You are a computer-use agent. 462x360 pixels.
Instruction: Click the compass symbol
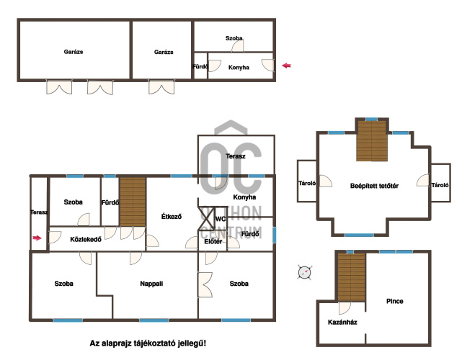pos(304,272)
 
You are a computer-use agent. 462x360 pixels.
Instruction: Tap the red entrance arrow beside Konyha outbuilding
pos(286,66)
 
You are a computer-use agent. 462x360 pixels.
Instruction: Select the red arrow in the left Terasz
pos(37,238)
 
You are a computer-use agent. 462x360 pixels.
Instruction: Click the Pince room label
pos(394,301)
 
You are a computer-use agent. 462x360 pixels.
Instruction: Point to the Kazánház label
pos(342,322)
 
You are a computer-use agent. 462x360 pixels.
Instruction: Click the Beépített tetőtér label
pos(374,186)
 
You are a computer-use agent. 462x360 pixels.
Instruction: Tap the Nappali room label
pos(151,284)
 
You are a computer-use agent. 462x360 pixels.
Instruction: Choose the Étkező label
pos(172,216)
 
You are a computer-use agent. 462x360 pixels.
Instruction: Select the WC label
pos(221,219)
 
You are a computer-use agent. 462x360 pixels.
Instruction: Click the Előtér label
pos(213,241)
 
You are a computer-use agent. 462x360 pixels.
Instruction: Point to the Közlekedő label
pos(86,239)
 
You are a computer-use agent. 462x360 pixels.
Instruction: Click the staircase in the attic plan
pos(372,141)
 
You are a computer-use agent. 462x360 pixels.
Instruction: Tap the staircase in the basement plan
pos(352,277)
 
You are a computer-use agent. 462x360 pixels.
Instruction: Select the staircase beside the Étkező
pos(133,202)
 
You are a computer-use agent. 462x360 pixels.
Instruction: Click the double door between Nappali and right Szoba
pos(205,285)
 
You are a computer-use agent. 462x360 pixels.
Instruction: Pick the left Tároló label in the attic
pos(307,183)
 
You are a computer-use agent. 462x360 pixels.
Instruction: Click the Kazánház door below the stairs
pos(345,308)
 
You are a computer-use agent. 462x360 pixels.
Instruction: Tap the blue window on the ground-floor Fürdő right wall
pos(275,235)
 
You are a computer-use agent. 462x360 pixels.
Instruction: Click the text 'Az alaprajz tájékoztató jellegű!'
pos(148,343)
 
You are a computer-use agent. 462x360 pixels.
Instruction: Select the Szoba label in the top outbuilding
pos(234,38)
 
